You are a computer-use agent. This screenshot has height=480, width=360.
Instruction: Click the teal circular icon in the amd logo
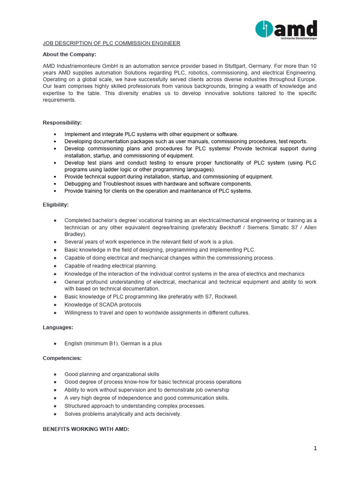(264, 29)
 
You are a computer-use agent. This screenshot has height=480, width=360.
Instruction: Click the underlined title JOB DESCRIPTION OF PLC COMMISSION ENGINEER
(112, 43)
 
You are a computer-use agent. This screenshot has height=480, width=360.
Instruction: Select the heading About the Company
(69, 54)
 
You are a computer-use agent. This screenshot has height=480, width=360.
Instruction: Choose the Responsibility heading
(62, 123)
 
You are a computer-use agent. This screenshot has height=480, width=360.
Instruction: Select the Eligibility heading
(56, 205)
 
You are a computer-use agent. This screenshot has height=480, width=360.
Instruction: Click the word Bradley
(75, 234)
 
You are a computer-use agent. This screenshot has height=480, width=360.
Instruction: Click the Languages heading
(58, 327)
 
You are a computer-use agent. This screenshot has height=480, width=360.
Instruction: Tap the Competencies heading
(62, 358)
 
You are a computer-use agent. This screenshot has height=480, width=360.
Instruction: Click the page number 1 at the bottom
(315, 448)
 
